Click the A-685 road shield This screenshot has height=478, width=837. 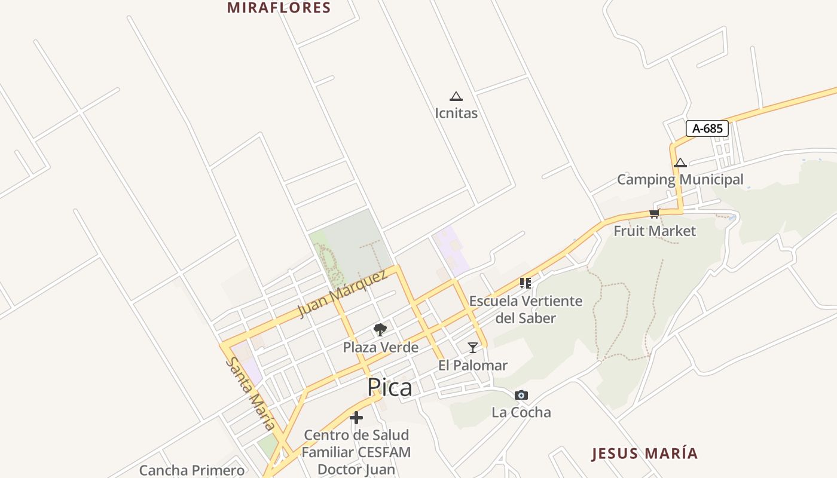point(707,128)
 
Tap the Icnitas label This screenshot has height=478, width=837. point(456,113)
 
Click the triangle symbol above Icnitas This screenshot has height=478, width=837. point(456,96)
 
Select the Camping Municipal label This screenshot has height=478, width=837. point(680,179)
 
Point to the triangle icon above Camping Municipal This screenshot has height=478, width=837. point(680,163)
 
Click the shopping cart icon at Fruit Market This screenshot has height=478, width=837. point(655,214)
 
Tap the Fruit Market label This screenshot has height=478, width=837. point(655,231)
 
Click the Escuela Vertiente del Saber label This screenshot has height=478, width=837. point(526,309)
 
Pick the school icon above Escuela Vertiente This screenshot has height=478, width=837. point(526,283)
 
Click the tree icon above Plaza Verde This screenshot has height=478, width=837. point(380,329)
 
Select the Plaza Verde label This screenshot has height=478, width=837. point(380,347)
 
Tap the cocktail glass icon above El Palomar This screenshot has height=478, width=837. point(473,347)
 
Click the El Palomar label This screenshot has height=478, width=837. point(473,365)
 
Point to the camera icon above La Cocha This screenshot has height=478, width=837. point(521,395)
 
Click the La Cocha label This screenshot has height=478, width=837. point(521,412)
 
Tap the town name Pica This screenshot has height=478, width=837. point(390,387)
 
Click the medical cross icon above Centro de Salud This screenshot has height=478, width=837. point(356,417)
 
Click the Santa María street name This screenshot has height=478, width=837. point(251,394)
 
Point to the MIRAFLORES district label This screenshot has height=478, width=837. point(279,8)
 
